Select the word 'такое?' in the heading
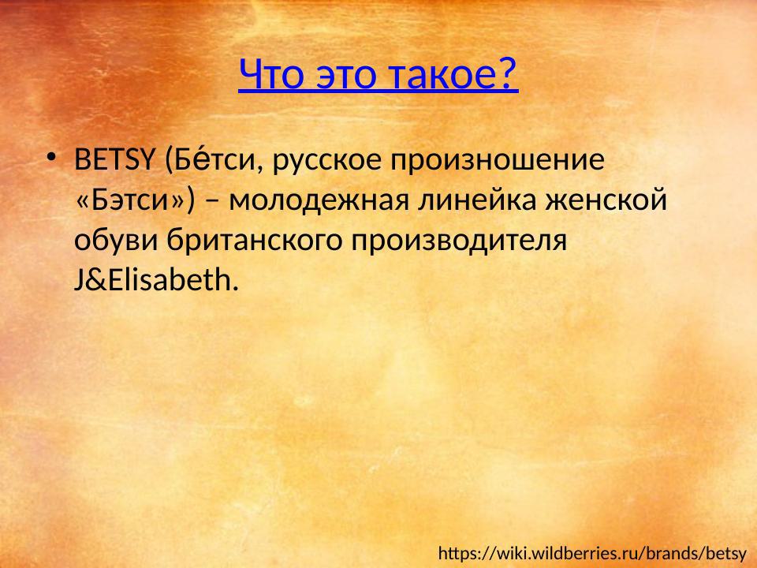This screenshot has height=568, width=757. point(448,75)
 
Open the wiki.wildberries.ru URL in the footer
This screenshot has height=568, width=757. point(591,552)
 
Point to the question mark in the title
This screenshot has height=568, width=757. point(509,75)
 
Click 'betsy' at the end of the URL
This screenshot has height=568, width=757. point(725,552)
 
